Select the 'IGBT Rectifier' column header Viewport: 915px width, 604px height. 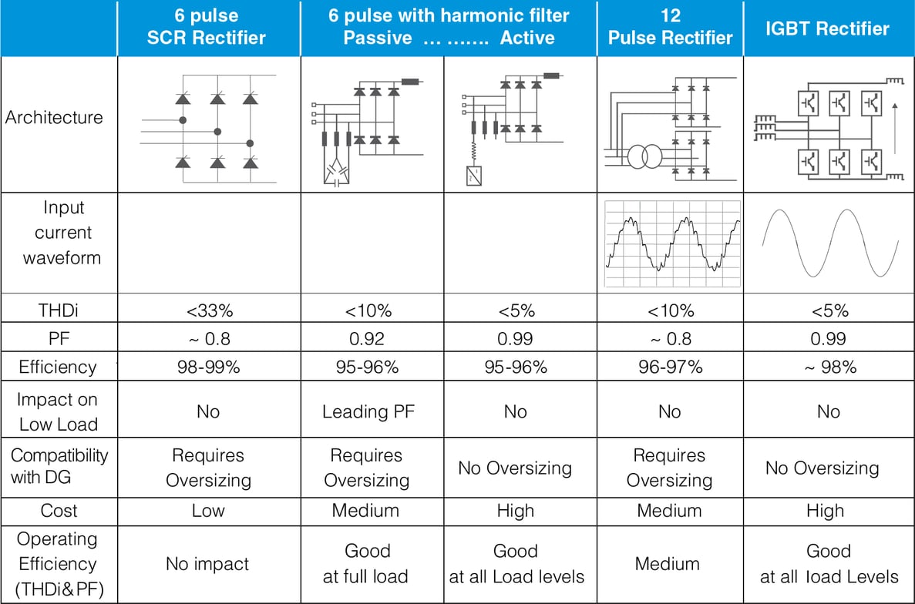(x=827, y=29)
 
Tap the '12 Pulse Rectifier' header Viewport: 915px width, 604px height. (x=670, y=28)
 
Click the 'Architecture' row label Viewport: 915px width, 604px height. (x=54, y=118)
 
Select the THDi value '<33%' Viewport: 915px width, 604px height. (x=209, y=311)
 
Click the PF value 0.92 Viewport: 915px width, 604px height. (x=366, y=339)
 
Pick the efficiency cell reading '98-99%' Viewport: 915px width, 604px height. (x=208, y=367)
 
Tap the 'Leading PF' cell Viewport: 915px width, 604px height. (x=368, y=411)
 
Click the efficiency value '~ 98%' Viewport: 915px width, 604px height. (x=828, y=367)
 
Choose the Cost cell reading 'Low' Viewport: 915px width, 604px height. (x=208, y=511)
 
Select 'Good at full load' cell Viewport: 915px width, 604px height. (x=367, y=563)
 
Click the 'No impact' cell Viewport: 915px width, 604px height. (x=207, y=564)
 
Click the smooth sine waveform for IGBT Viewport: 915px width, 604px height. (x=829, y=243)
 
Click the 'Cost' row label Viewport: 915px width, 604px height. (x=59, y=511)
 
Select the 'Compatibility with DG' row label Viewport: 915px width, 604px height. (x=59, y=466)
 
